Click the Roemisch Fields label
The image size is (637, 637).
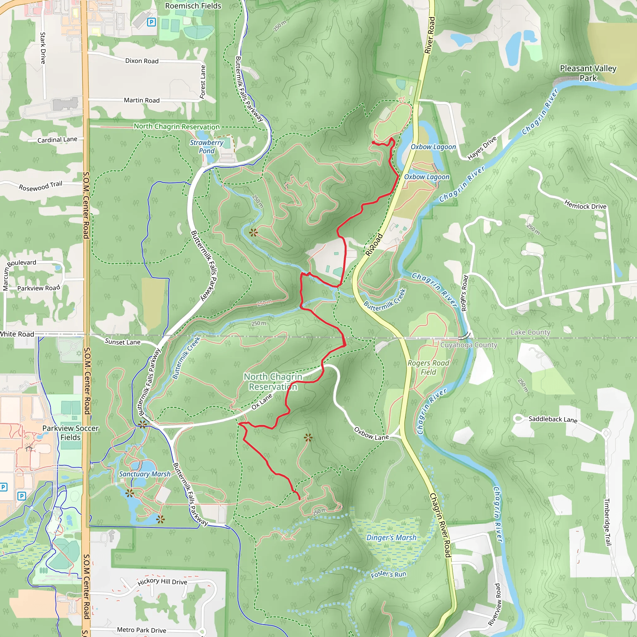(193, 6)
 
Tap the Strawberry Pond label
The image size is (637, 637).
(207, 147)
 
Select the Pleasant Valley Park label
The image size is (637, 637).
(588, 73)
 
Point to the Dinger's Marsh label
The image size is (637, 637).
(391, 537)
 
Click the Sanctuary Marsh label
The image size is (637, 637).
(145, 474)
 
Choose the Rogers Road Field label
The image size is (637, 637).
(428, 367)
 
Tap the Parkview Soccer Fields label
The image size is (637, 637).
(70, 433)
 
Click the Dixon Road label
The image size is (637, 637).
(142, 61)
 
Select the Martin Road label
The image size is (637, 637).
(142, 100)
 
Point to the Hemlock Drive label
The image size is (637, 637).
(585, 204)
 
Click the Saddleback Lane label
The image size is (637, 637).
(553, 419)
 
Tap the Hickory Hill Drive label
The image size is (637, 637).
(162, 582)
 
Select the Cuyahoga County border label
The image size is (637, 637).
(468, 345)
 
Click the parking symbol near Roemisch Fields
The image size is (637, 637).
(151, 22)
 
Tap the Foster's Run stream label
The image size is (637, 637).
(388, 574)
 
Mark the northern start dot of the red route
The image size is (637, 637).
(373, 142)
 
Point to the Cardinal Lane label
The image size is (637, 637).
(57, 140)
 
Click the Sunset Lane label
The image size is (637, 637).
(122, 342)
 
